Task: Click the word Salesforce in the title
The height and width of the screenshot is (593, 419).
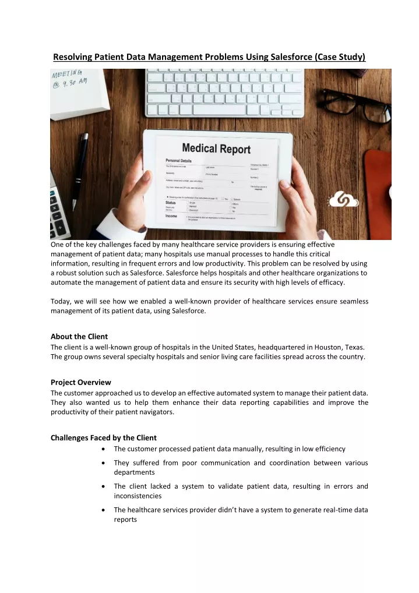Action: coord(284,57)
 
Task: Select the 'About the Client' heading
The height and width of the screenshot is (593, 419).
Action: coord(79,337)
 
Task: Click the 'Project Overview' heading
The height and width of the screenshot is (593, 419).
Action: coord(80,383)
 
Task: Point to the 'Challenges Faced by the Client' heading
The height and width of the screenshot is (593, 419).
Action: coord(104,437)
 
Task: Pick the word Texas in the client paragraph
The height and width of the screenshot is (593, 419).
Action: coord(354,347)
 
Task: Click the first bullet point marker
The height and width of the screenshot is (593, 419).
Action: coord(103,449)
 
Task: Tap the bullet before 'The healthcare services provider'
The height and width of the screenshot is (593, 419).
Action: coord(103,510)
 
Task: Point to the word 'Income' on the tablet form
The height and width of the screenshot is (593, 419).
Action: coord(171,216)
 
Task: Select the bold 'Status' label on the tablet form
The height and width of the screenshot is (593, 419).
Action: coord(170,202)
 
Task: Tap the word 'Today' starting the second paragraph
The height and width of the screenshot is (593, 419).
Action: coord(61,301)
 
